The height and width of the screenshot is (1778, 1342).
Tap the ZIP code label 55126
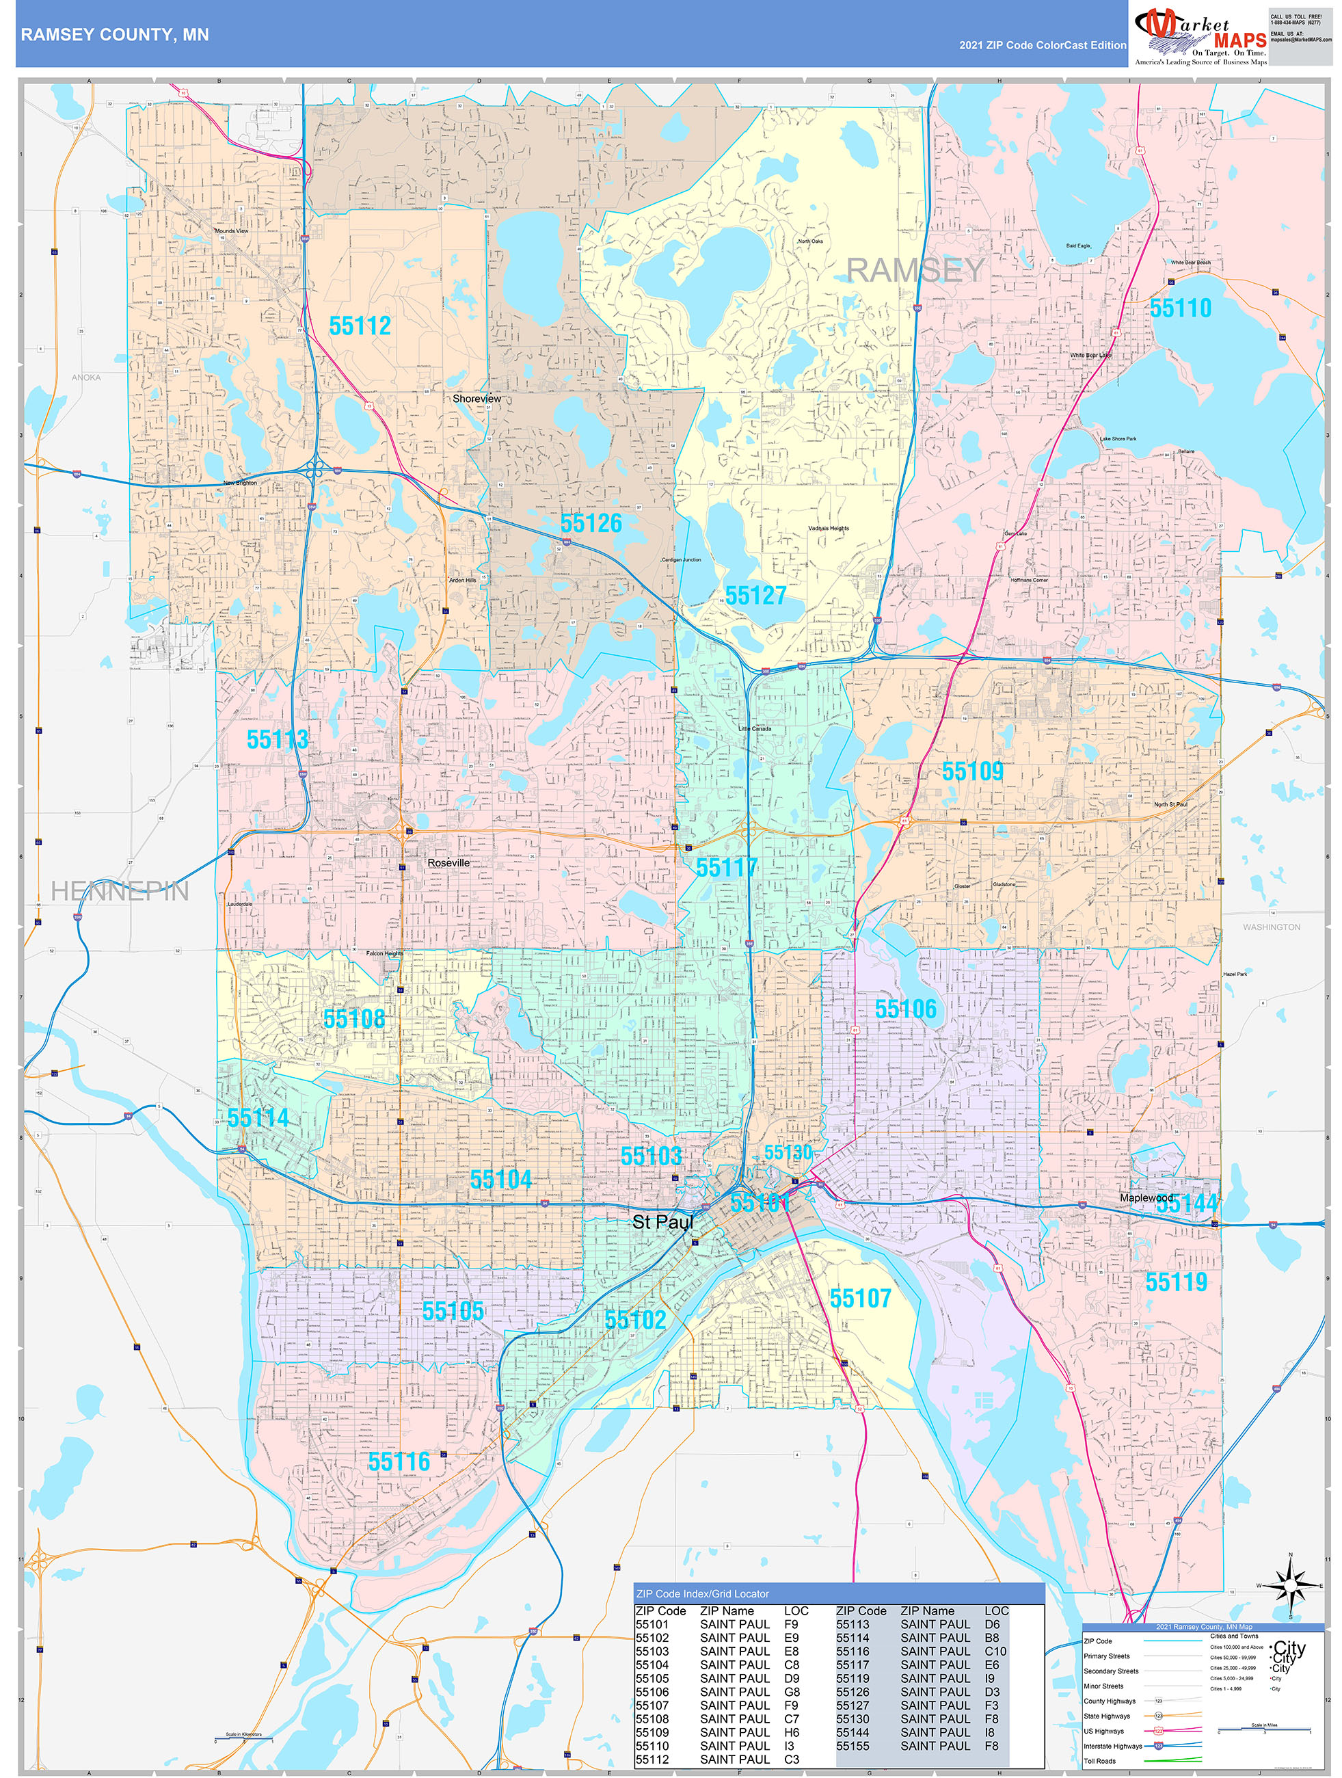pos(591,523)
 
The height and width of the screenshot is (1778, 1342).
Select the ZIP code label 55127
pos(755,596)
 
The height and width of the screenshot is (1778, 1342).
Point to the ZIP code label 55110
pos(1180,308)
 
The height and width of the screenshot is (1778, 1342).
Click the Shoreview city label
pos(477,399)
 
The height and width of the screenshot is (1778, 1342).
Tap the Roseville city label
pos(448,862)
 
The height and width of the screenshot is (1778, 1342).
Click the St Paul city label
pos(662,1222)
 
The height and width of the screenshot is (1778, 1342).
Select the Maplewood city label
pos(1146,1197)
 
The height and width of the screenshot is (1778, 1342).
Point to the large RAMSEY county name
pos(915,271)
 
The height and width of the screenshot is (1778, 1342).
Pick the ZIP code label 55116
pos(399,1461)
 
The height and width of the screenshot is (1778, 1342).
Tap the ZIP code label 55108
pos(353,1018)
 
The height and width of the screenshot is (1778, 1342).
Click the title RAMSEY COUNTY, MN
pos(115,35)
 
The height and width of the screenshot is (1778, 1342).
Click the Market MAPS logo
pos(1200,36)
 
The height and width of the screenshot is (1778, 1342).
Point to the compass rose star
pos(1291,1586)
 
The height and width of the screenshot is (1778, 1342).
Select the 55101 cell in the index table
pos(652,1624)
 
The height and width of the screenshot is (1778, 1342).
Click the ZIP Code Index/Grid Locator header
pos(702,1593)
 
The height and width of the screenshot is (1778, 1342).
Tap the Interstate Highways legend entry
pos(1112,1746)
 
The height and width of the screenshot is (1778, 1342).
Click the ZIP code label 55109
pos(972,771)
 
